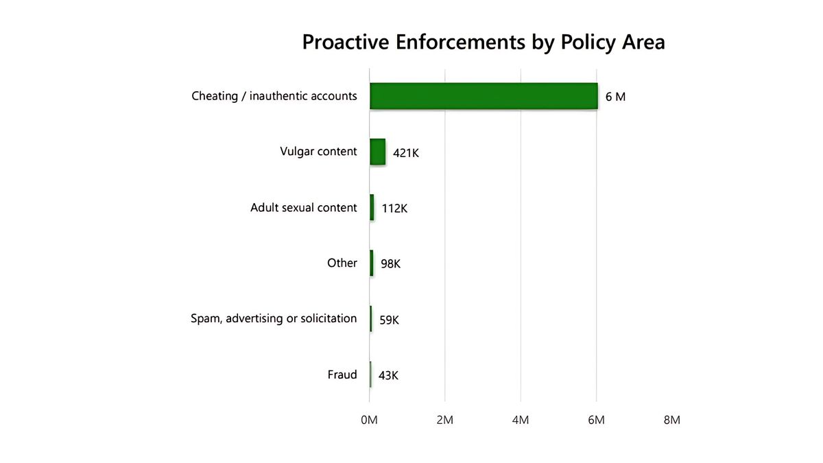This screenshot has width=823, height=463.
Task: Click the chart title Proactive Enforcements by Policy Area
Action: click(484, 43)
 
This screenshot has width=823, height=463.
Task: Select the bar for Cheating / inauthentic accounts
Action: click(484, 96)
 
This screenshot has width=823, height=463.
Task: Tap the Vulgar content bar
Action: click(377, 152)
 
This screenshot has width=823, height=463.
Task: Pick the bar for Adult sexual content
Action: click(372, 207)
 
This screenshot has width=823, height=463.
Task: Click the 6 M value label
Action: click(615, 97)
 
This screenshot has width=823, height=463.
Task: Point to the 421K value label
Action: click(405, 153)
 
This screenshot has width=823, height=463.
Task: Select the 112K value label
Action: click(394, 209)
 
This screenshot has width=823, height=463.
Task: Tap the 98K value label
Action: click(390, 264)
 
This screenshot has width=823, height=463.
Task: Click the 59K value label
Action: click(389, 320)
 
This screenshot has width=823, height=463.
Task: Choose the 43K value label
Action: click(388, 375)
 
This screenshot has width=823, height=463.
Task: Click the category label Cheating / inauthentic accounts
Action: click(274, 96)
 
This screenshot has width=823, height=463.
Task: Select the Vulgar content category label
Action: click(318, 152)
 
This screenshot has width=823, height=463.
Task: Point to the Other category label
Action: click(342, 263)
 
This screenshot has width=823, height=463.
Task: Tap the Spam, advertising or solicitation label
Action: click(274, 318)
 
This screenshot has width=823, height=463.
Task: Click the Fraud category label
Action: click(342, 375)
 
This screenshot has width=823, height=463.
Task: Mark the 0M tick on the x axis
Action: click(369, 420)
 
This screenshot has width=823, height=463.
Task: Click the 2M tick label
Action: click(444, 420)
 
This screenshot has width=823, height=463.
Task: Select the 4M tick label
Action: click(521, 420)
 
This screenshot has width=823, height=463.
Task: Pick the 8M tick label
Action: click(671, 420)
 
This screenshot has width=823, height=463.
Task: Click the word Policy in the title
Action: click(584, 43)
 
